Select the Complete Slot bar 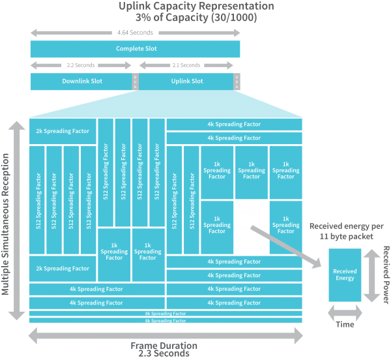[136, 49]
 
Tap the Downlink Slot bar [80, 82]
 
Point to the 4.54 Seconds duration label [136, 32]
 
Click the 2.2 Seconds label [81, 65]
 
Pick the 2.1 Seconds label [186, 65]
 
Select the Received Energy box [345, 275]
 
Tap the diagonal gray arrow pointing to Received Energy [287, 245]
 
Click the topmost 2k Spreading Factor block [63, 131]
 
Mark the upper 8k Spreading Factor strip [166, 314]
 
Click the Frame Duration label [164, 346]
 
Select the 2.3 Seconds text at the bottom [164, 354]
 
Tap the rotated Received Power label [386, 275]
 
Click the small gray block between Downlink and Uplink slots [136, 82]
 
